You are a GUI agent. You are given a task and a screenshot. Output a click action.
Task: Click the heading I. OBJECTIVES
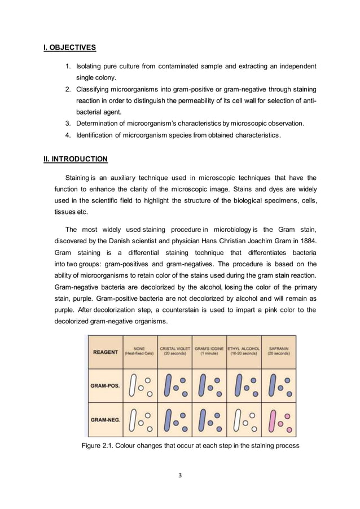[69, 47]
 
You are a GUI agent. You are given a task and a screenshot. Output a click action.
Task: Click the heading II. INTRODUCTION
[76, 159]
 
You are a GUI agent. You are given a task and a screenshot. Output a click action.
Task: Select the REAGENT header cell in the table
[106, 352]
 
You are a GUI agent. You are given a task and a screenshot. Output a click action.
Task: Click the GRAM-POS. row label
[106, 386]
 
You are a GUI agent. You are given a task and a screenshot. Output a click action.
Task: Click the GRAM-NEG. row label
[106, 420]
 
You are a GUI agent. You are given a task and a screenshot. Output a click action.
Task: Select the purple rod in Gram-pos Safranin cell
[272, 387]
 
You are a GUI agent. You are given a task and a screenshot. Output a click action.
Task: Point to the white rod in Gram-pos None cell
[133, 387]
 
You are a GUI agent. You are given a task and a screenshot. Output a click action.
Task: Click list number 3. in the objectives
[67, 123]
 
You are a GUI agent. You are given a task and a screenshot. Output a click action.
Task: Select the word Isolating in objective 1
[89, 67]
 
